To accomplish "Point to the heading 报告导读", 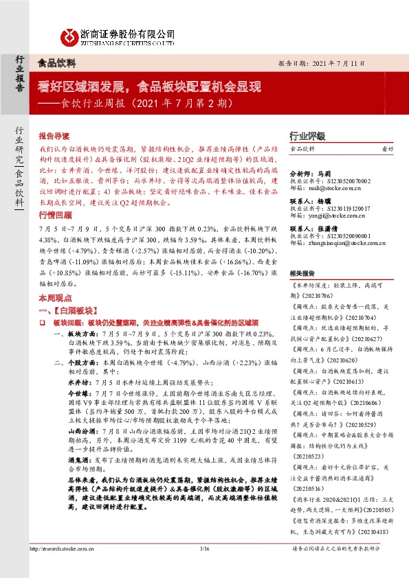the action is pos(53,136).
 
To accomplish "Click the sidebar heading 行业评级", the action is pos(307,135).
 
